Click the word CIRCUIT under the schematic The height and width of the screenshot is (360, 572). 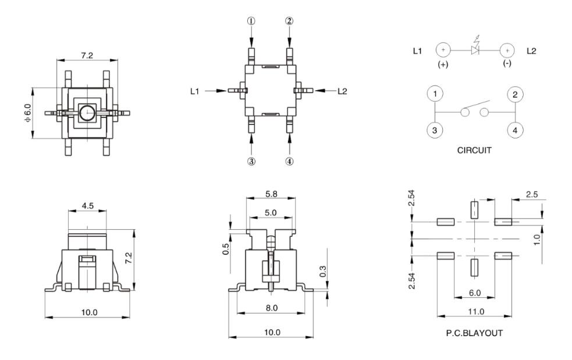pos(474,150)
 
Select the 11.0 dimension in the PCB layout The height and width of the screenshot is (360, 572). pos(476,312)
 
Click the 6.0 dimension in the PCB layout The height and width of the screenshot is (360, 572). pos(474,294)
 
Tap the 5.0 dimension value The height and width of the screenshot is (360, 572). pos(271,213)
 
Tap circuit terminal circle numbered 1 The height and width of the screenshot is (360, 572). pos(435,94)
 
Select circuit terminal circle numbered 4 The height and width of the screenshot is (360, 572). pos(514,130)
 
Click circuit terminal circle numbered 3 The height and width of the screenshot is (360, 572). pos(435,130)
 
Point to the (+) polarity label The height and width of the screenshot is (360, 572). pos(443,65)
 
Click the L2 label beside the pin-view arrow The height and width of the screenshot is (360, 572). pos(342,91)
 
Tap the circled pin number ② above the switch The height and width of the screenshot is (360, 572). pos(289,21)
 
